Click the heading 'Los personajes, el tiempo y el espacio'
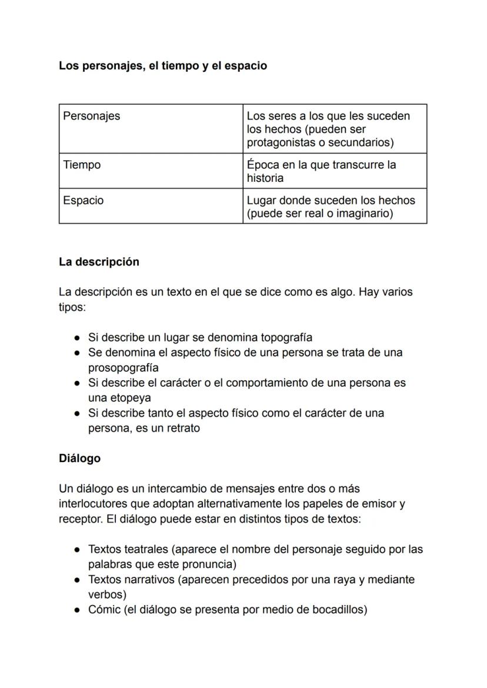(162, 66)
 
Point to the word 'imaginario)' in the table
(364, 214)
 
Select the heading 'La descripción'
(99, 262)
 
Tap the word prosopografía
(123, 368)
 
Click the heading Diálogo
(79, 458)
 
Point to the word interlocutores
(93, 504)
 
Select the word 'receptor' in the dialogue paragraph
(78, 520)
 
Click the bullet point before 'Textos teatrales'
(77, 550)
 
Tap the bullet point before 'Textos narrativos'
(77, 580)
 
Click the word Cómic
(104, 610)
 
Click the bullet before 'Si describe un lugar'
(77, 338)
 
